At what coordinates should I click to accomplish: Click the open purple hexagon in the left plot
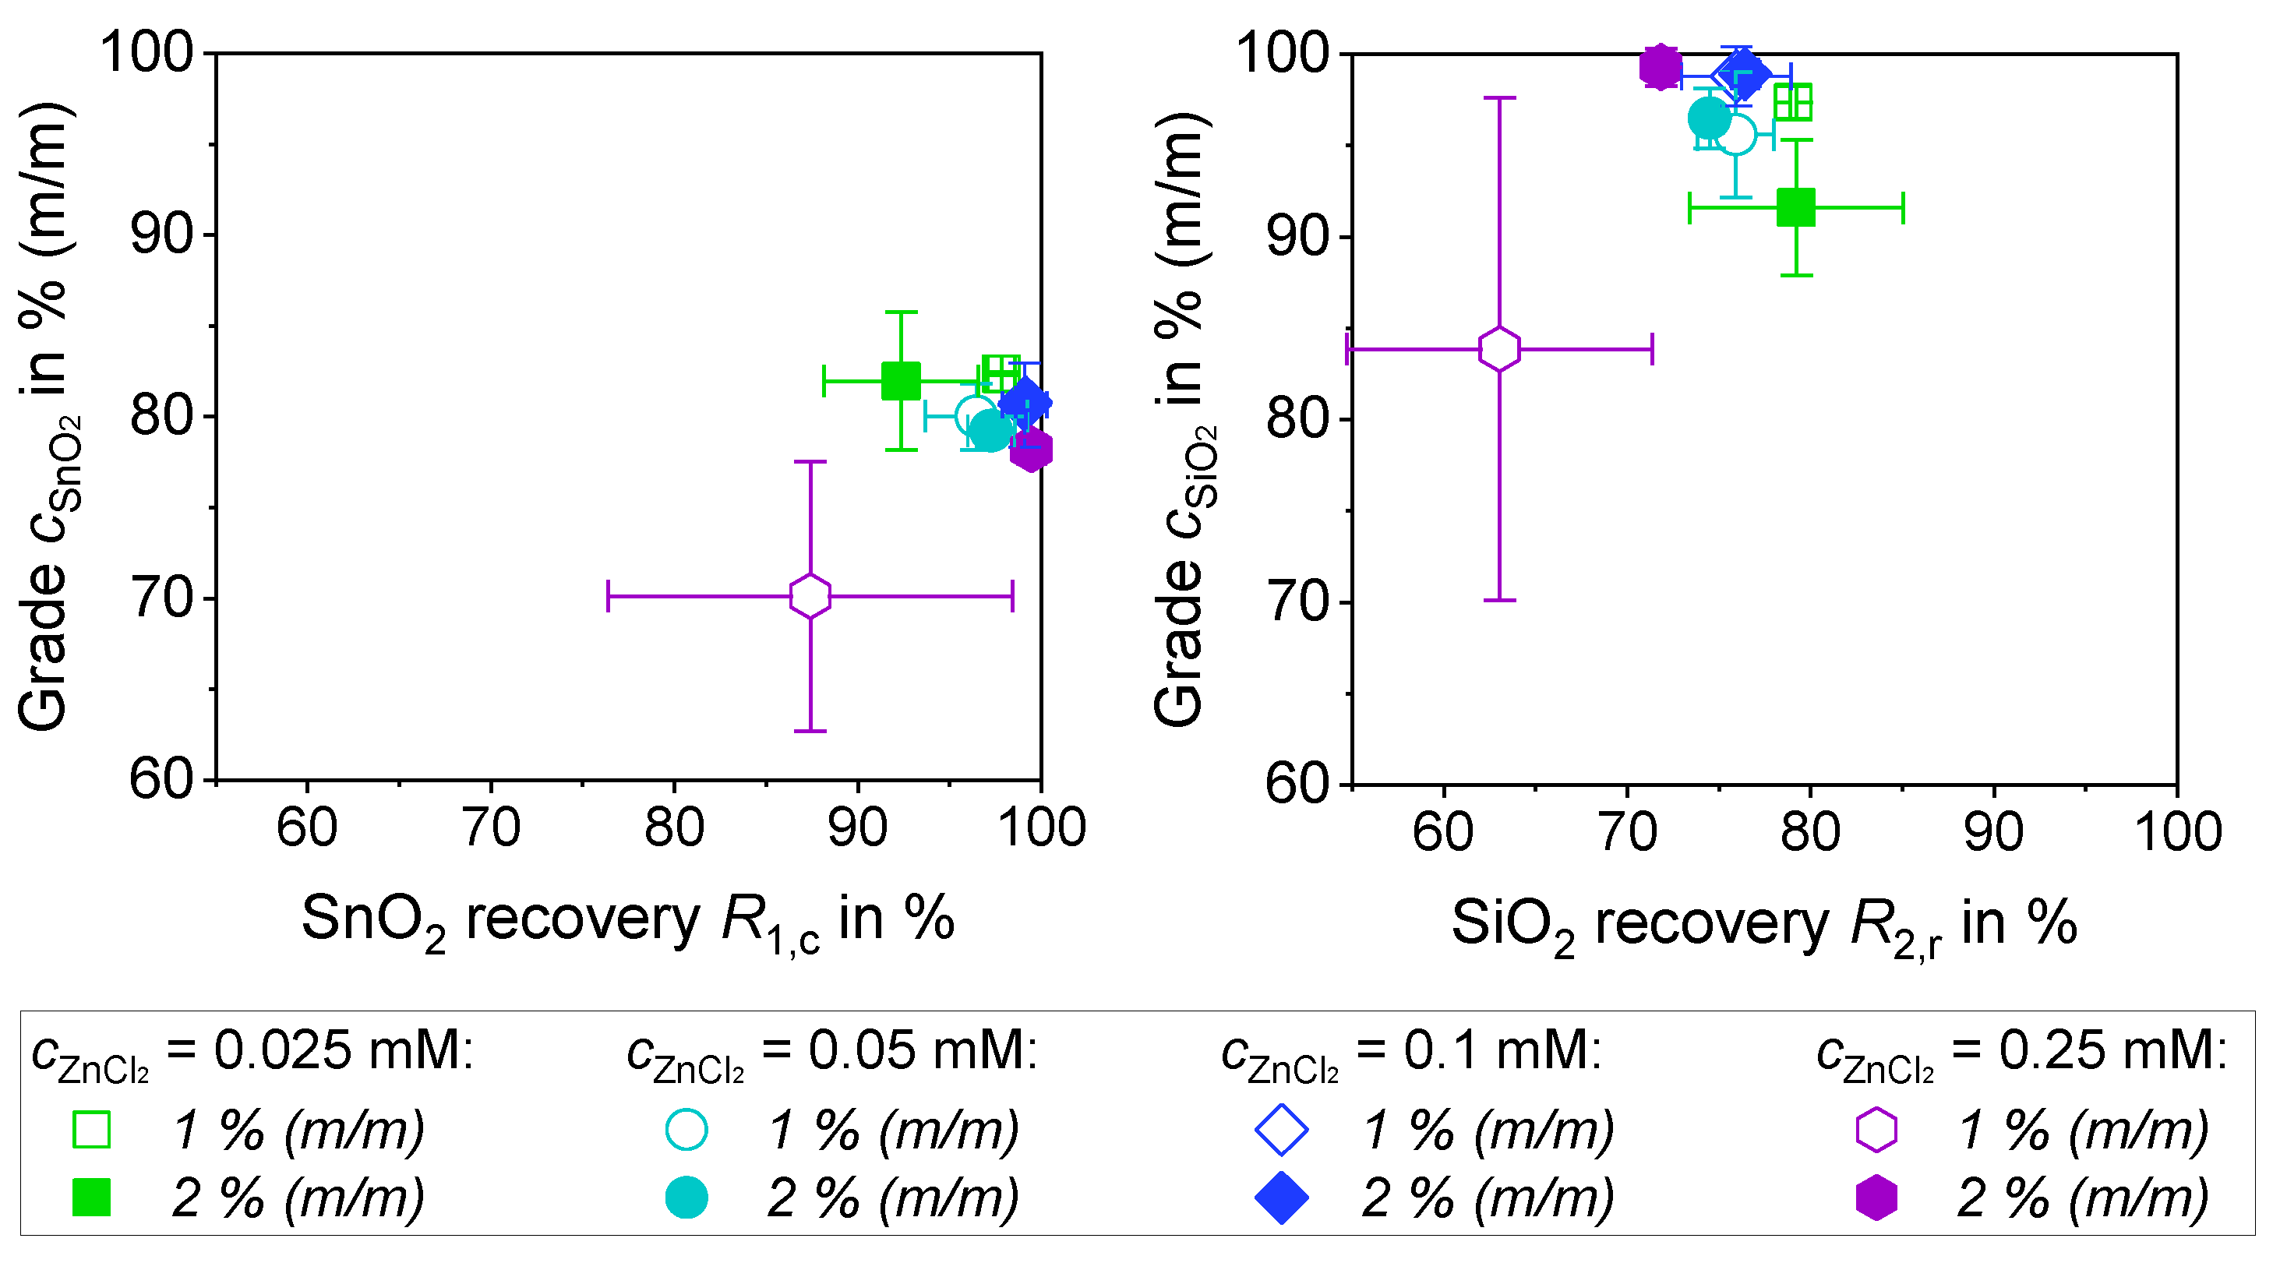point(809,596)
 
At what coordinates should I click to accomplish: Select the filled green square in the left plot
point(900,381)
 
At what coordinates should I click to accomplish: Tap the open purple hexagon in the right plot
point(1499,349)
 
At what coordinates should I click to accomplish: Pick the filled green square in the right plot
point(1795,208)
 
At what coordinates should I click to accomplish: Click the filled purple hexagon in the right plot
point(1660,66)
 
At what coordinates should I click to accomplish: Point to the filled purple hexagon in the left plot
point(1031,450)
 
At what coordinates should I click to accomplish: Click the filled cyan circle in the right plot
point(1709,118)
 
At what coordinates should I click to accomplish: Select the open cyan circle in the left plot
point(976,415)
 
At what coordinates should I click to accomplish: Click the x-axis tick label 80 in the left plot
point(674,828)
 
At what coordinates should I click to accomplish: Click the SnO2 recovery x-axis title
point(627,921)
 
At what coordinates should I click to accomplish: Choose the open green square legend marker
point(92,1130)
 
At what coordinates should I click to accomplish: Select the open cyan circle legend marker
point(686,1130)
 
